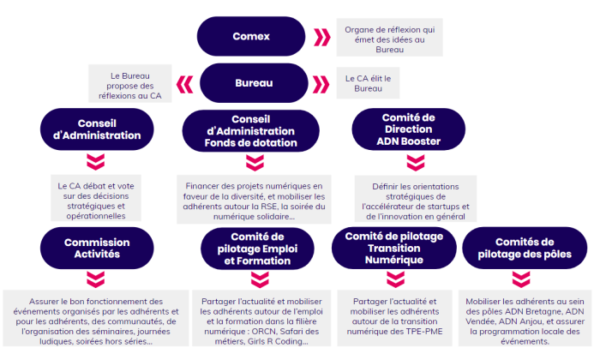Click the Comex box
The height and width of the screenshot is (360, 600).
[251, 37]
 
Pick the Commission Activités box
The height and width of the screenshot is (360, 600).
[97, 249]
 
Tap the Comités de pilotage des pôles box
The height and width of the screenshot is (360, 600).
[525, 249]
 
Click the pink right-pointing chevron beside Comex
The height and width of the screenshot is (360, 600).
[321, 38]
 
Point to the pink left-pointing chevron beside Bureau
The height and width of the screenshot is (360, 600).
[184, 83]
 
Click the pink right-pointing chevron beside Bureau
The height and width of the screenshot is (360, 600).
[321, 83]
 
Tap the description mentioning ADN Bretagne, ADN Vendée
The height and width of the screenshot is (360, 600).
[525, 321]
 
